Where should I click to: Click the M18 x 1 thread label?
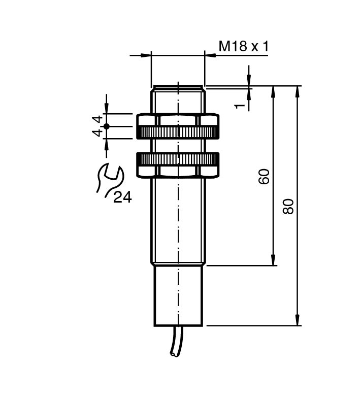click(x=243, y=47)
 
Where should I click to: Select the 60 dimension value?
click(x=264, y=176)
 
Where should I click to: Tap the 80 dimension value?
click(x=288, y=206)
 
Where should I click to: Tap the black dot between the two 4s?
click(x=106, y=126)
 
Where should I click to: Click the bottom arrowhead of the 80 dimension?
click(x=298, y=321)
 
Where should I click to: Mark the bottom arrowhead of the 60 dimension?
click(x=274, y=260)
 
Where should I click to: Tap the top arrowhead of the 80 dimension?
click(x=298, y=91)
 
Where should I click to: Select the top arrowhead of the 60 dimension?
click(x=274, y=91)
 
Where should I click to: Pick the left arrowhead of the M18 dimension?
click(x=147, y=54)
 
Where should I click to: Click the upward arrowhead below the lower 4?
click(x=106, y=143)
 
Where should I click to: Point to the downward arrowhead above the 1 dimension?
click(x=249, y=81)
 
